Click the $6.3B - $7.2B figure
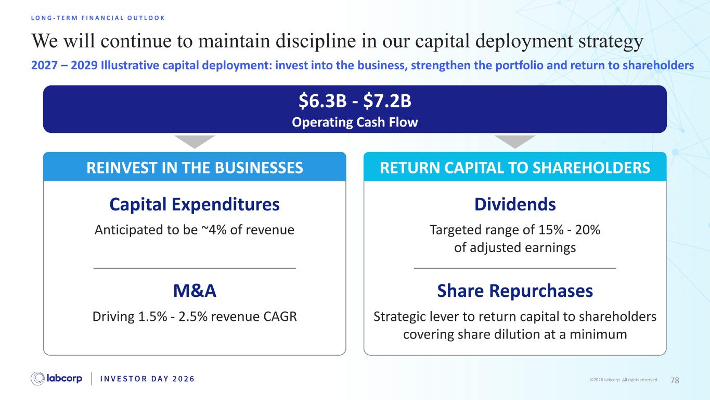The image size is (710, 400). [355, 101]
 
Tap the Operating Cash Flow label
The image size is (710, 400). [355, 122]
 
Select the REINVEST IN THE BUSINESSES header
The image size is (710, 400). [195, 168]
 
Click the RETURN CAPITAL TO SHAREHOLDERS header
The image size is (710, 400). [515, 168]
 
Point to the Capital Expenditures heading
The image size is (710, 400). [195, 204]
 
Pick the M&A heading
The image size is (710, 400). [195, 291]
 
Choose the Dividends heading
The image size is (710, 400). [515, 204]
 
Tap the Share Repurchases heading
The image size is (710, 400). [515, 291]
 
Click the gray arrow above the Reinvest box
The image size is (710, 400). [195, 141]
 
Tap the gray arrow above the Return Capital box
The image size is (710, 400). [515, 141]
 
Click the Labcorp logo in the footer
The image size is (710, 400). [56, 379]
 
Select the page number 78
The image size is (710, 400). [675, 380]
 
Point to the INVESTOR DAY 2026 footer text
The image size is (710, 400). [147, 379]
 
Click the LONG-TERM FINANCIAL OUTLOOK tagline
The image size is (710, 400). [98, 18]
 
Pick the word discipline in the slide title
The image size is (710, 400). [316, 42]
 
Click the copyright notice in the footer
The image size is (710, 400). [624, 380]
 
